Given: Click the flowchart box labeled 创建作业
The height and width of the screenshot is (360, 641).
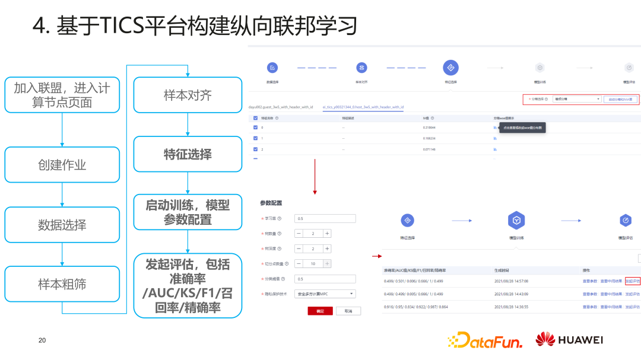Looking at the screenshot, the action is point(62,165).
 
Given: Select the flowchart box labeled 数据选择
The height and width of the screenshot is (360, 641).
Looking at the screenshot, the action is point(62,225).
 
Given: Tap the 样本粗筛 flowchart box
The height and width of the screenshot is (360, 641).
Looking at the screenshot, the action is point(62,285).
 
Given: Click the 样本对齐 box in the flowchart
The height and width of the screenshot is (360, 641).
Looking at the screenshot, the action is point(188,95).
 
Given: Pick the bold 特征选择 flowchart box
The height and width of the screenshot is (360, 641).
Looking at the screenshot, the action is point(188,154).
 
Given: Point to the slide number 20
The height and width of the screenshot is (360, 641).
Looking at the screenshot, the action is point(42,340).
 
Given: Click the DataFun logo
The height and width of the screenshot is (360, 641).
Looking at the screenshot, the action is point(485,340).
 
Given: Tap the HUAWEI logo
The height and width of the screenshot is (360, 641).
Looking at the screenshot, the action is point(569,340).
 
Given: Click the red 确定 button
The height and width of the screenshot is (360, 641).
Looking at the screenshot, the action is point(320,311).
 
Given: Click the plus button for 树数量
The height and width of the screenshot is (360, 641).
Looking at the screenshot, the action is point(327,234).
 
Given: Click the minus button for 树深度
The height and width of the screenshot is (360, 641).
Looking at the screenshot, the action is point(299,249).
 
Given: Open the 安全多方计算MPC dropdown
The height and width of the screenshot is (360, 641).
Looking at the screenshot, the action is point(325,294).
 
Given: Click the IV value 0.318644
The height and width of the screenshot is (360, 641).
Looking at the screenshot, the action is point(429,128).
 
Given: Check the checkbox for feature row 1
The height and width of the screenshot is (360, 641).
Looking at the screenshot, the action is point(256,138).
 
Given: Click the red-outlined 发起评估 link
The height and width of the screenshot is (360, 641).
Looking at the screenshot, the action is point(633,281).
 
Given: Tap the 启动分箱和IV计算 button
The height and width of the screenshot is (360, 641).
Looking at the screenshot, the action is point(621,99).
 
